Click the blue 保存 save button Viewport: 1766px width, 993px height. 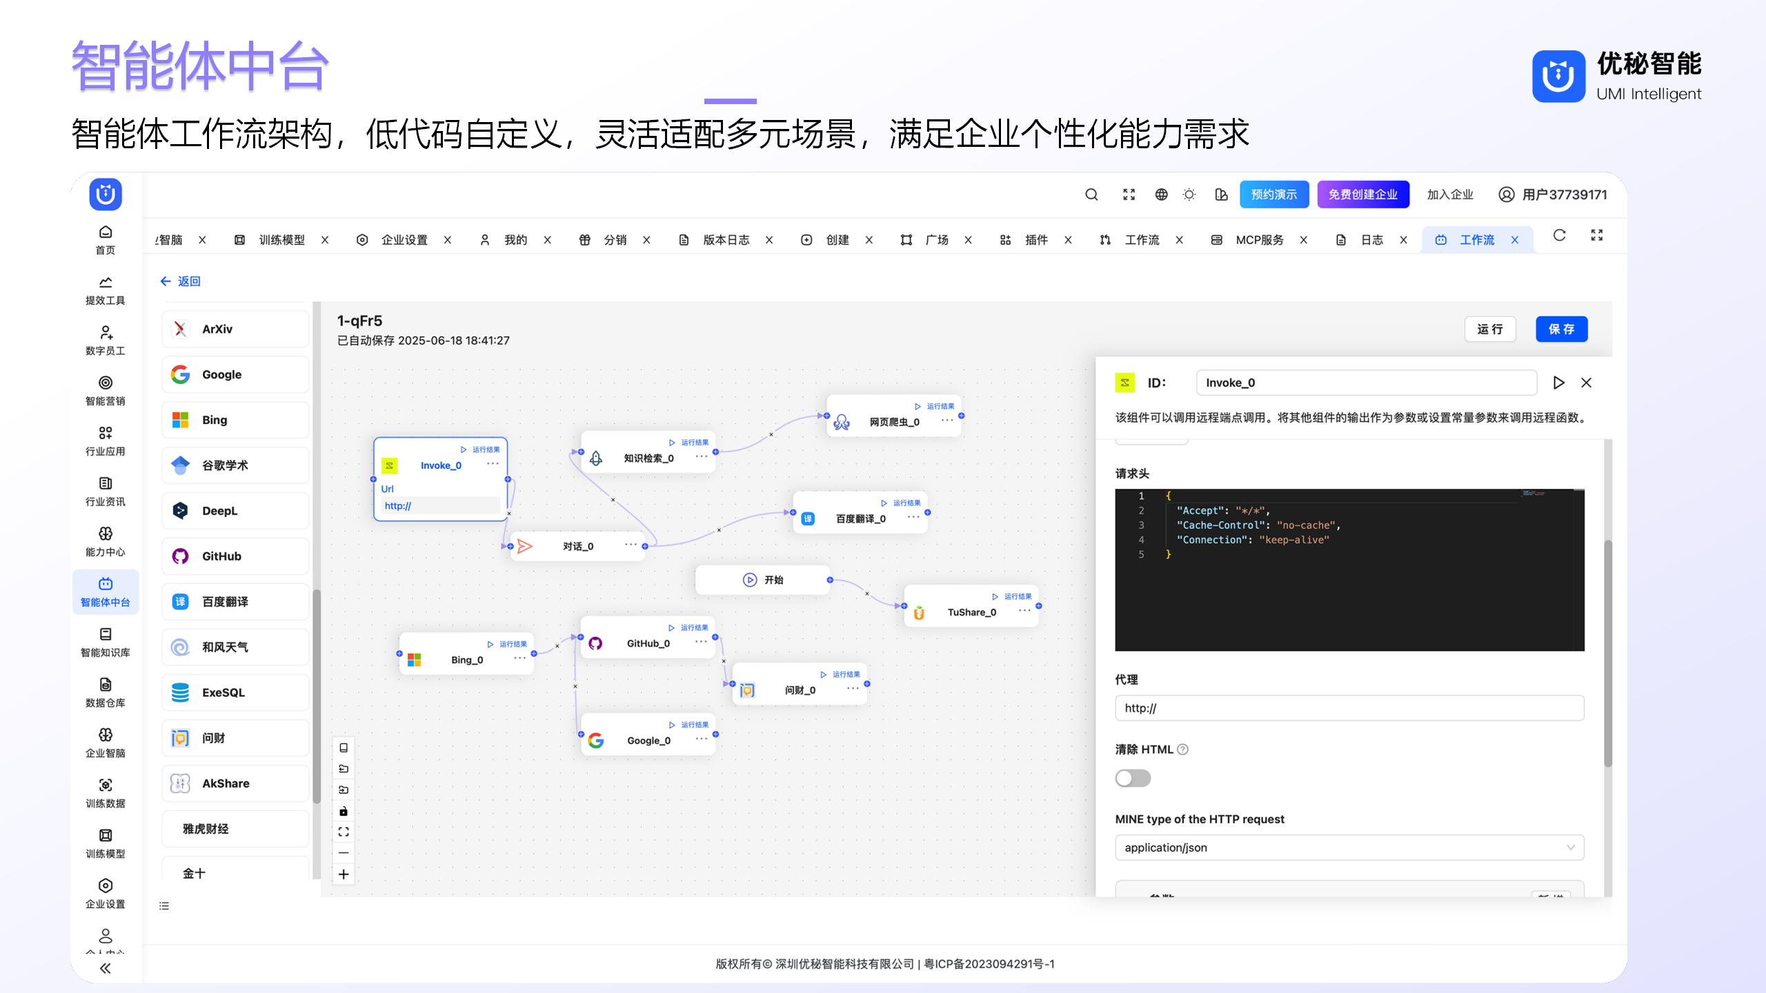pyautogui.click(x=1561, y=329)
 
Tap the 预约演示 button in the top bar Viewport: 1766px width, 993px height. pyautogui.click(x=1273, y=194)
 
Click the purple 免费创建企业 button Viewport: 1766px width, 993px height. pyautogui.click(x=1362, y=194)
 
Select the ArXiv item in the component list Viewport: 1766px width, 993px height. pyautogui.click(x=235, y=329)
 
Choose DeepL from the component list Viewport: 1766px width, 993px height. pyautogui.click(x=235, y=511)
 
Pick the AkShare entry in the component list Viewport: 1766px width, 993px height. pyautogui.click(x=235, y=783)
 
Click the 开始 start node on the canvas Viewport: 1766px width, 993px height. pyautogui.click(x=763, y=580)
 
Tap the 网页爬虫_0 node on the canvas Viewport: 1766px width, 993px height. pyautogui.click(x=894, y=421)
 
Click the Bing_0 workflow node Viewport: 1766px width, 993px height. pyautogui.click(x=466, y=659)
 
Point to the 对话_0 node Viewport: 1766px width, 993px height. pyautogui.click(x=577, y=546)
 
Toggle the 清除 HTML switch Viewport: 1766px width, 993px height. pyautogui.click(x=1133, y=779)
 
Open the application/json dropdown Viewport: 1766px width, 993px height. pyautogui.click(x=1349, y=847)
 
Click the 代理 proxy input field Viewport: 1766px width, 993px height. pyautogui.click(x=1349, y=708)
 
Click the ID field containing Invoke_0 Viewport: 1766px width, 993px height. pyautogui.click(x=1366, y=383)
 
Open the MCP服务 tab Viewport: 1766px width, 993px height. pyautogui.click(x=1259, y=240)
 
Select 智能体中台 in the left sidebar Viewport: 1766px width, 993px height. pyautogui.click(x=106, y=592)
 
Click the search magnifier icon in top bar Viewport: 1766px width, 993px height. pyautogui.click(x=1091, y=194)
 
